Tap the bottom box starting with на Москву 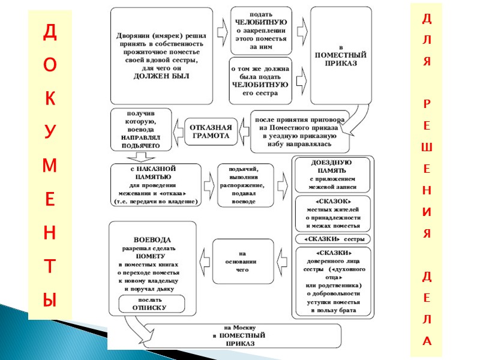(240, 336)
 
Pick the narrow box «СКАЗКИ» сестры (332, 239)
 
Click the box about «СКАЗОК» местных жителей (332, 213)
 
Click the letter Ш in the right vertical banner (427, 148)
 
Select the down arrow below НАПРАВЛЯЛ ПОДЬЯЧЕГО (142, 157)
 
